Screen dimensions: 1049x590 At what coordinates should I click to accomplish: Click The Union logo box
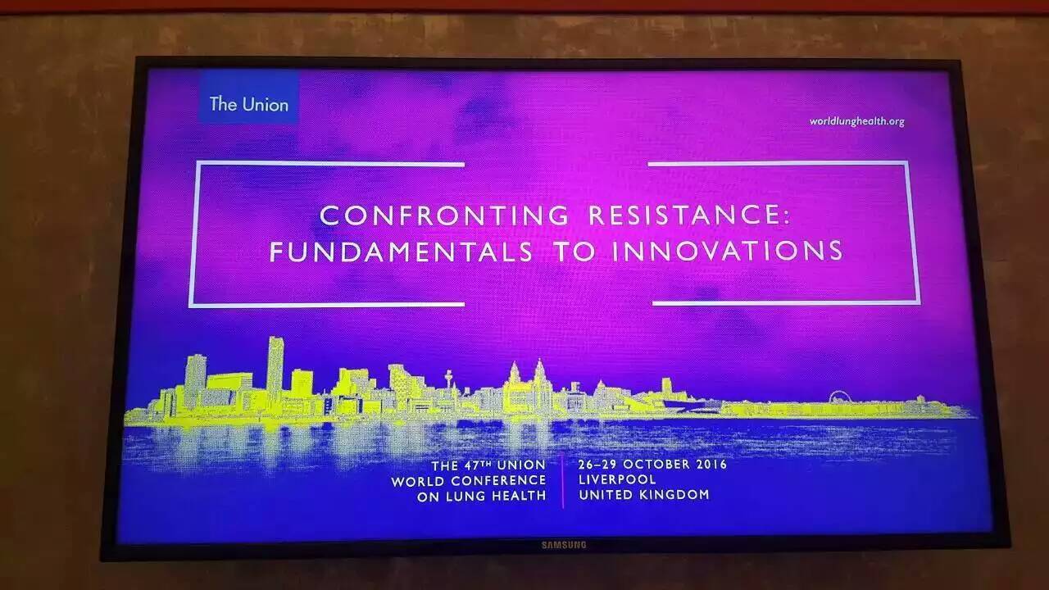pos(249,98)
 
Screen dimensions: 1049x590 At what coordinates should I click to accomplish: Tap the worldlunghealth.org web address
pos(857,122)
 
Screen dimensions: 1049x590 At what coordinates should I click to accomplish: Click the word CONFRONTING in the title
pos(445,216)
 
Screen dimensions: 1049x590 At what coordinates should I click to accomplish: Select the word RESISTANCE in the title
pos(683,215)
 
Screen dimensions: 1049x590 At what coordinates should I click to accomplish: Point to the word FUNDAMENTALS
pos(402,252)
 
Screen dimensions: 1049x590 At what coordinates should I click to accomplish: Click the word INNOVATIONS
pos(727,250)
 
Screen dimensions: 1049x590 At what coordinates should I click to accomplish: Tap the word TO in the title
pos(575,252)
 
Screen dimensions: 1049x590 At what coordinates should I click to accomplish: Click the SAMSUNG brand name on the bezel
pos(564,545)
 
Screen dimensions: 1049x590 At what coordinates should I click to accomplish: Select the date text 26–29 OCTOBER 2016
pos(652,465)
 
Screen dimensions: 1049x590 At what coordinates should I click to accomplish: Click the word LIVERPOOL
pos(617,479)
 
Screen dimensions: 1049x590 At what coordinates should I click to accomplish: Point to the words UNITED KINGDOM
pos(644,494)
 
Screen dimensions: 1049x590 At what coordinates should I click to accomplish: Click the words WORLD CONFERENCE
pos(469,481)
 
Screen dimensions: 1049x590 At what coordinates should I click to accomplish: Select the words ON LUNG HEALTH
pos(481,497)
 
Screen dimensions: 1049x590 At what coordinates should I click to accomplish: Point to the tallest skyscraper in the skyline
pos(275,370)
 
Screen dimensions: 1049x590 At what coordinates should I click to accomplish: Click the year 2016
pos(711,465)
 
